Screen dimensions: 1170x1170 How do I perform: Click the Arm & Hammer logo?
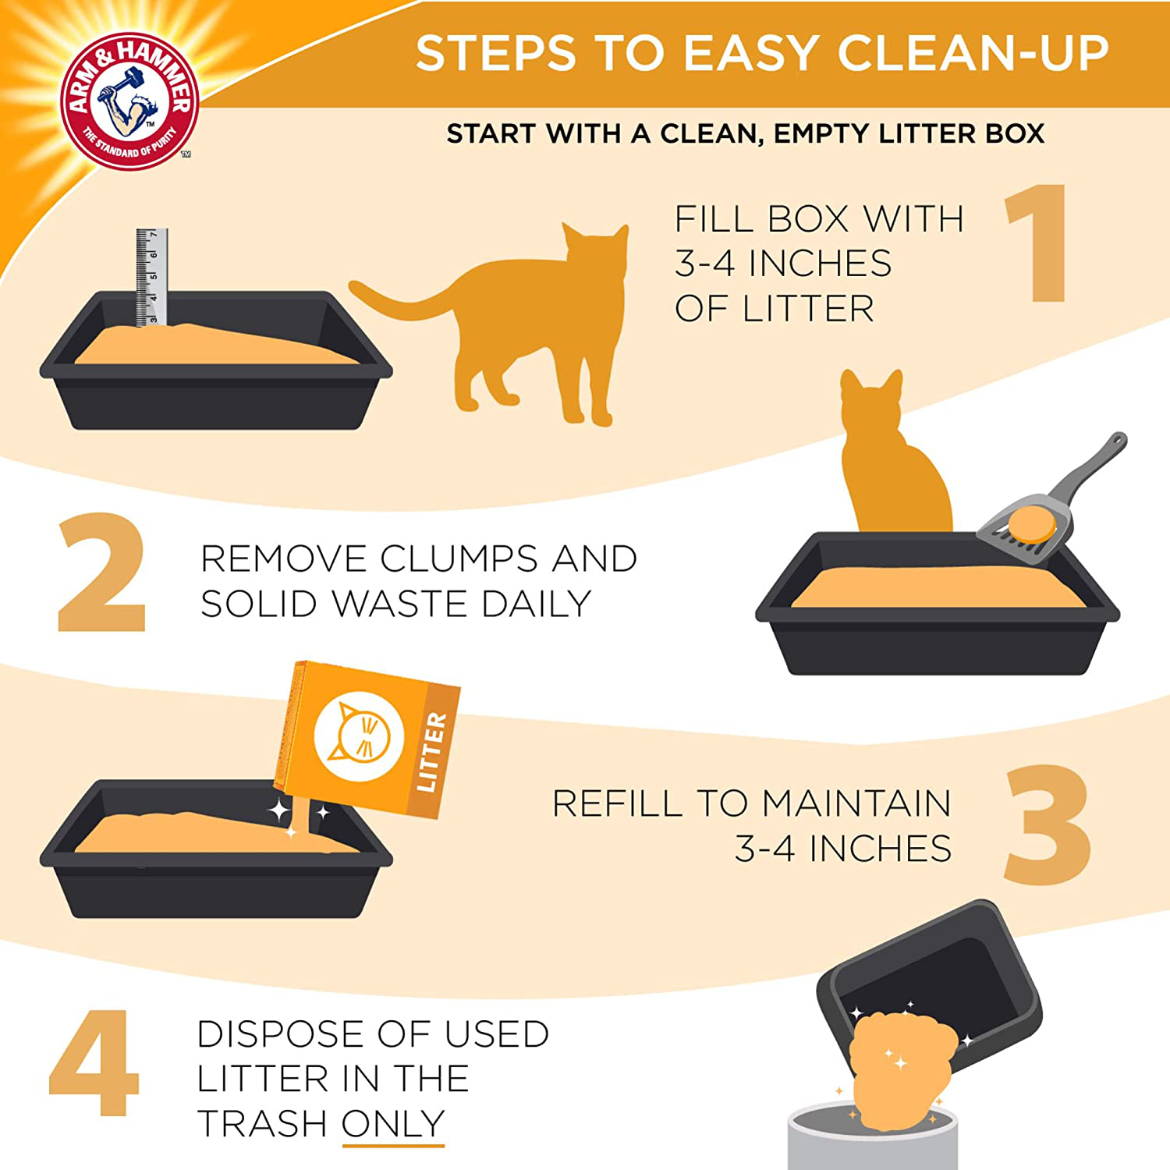coord(129,101)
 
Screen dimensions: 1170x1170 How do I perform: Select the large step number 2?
coord(101,573)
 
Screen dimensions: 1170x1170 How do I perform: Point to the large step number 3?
coord(1047,825)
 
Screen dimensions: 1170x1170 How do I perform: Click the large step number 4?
coord(94,1062)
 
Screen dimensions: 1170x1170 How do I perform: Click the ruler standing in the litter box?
coord(151,277)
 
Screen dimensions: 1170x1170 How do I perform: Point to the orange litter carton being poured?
coord(367,737)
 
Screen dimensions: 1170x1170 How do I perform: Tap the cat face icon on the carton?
coord(359,736)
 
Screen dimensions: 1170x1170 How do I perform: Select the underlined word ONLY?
coord(393,1124)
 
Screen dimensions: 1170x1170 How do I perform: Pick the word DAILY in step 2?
coord(536,604)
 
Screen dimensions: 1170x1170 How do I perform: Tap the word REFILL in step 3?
coord(617,803)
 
